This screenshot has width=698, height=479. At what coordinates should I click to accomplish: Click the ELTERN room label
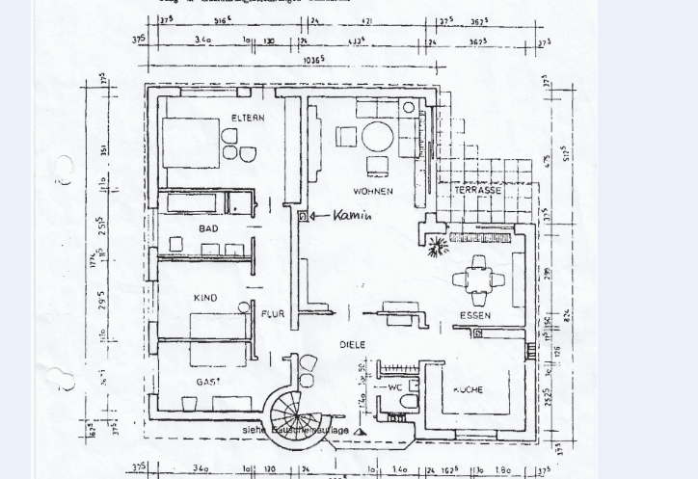(247, 119)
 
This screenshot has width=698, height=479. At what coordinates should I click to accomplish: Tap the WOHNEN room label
(372, 192)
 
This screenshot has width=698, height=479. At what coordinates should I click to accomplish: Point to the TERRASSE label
(477, 191)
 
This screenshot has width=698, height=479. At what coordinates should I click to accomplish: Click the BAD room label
(208, 229)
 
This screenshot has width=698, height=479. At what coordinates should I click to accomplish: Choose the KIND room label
(204, 299)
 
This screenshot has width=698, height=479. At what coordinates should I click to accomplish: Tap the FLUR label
(273, 314)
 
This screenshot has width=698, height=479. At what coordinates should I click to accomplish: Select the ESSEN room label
(474, 315)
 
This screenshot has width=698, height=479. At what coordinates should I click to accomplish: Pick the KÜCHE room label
(468, 390)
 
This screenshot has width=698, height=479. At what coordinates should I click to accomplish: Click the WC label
(395, 387)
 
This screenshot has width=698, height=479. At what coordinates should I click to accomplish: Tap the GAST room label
(208, 382)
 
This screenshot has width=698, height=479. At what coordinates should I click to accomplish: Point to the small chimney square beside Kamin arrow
(303, 217)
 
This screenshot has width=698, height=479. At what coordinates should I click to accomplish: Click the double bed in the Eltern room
(191, 143)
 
